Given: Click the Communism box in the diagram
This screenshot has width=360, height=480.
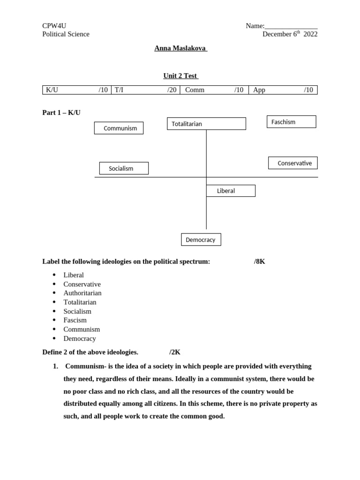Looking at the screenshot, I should click(119, 128).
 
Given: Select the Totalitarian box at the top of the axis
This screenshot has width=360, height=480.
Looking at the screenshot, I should click(206, 124).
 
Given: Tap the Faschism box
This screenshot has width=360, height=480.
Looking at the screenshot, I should click(291, 122).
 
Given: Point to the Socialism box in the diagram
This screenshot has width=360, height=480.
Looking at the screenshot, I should click(124, 168).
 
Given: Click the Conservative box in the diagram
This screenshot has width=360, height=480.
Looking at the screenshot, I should click(292, 163).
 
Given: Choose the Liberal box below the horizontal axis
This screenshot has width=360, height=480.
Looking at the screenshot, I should click(231, 191).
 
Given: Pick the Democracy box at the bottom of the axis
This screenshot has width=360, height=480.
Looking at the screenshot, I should click(201, 240).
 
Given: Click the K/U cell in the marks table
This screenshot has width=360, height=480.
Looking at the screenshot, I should click(76, 90).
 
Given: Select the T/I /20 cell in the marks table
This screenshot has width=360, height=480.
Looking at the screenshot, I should click(145, 90).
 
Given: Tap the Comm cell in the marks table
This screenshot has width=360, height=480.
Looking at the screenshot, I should click(214, 90).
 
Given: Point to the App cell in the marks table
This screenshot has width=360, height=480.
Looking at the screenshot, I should click(283, 90).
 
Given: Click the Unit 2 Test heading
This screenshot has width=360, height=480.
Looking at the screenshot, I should click(180, 75).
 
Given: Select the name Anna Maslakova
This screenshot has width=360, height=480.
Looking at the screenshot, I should click(180, 48).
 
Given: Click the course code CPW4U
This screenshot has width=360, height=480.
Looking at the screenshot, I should click(51, 26).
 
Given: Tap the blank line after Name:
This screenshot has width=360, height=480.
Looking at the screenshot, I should click(291, 27).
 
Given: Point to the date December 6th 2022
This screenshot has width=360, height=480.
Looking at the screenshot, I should click(290, 34).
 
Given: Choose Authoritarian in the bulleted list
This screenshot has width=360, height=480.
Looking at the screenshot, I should click(82, 293).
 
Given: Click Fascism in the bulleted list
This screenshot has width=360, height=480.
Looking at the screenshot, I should click(75, 320).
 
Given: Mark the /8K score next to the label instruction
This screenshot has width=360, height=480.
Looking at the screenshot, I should click(259, 262).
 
